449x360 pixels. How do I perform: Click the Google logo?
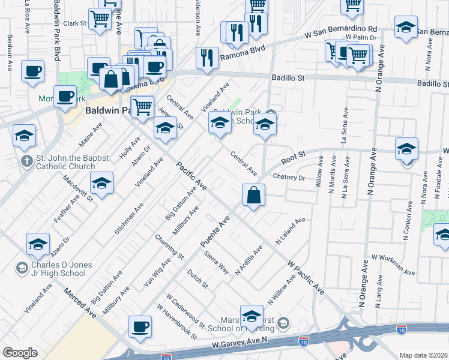point(20,353)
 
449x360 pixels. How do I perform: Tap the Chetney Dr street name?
point(289,178)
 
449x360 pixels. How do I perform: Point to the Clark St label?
point(75,23)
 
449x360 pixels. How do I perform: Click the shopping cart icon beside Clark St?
point(99,19)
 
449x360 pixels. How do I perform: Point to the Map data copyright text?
point(424,355)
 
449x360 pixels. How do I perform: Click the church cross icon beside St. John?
point(26,161)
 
